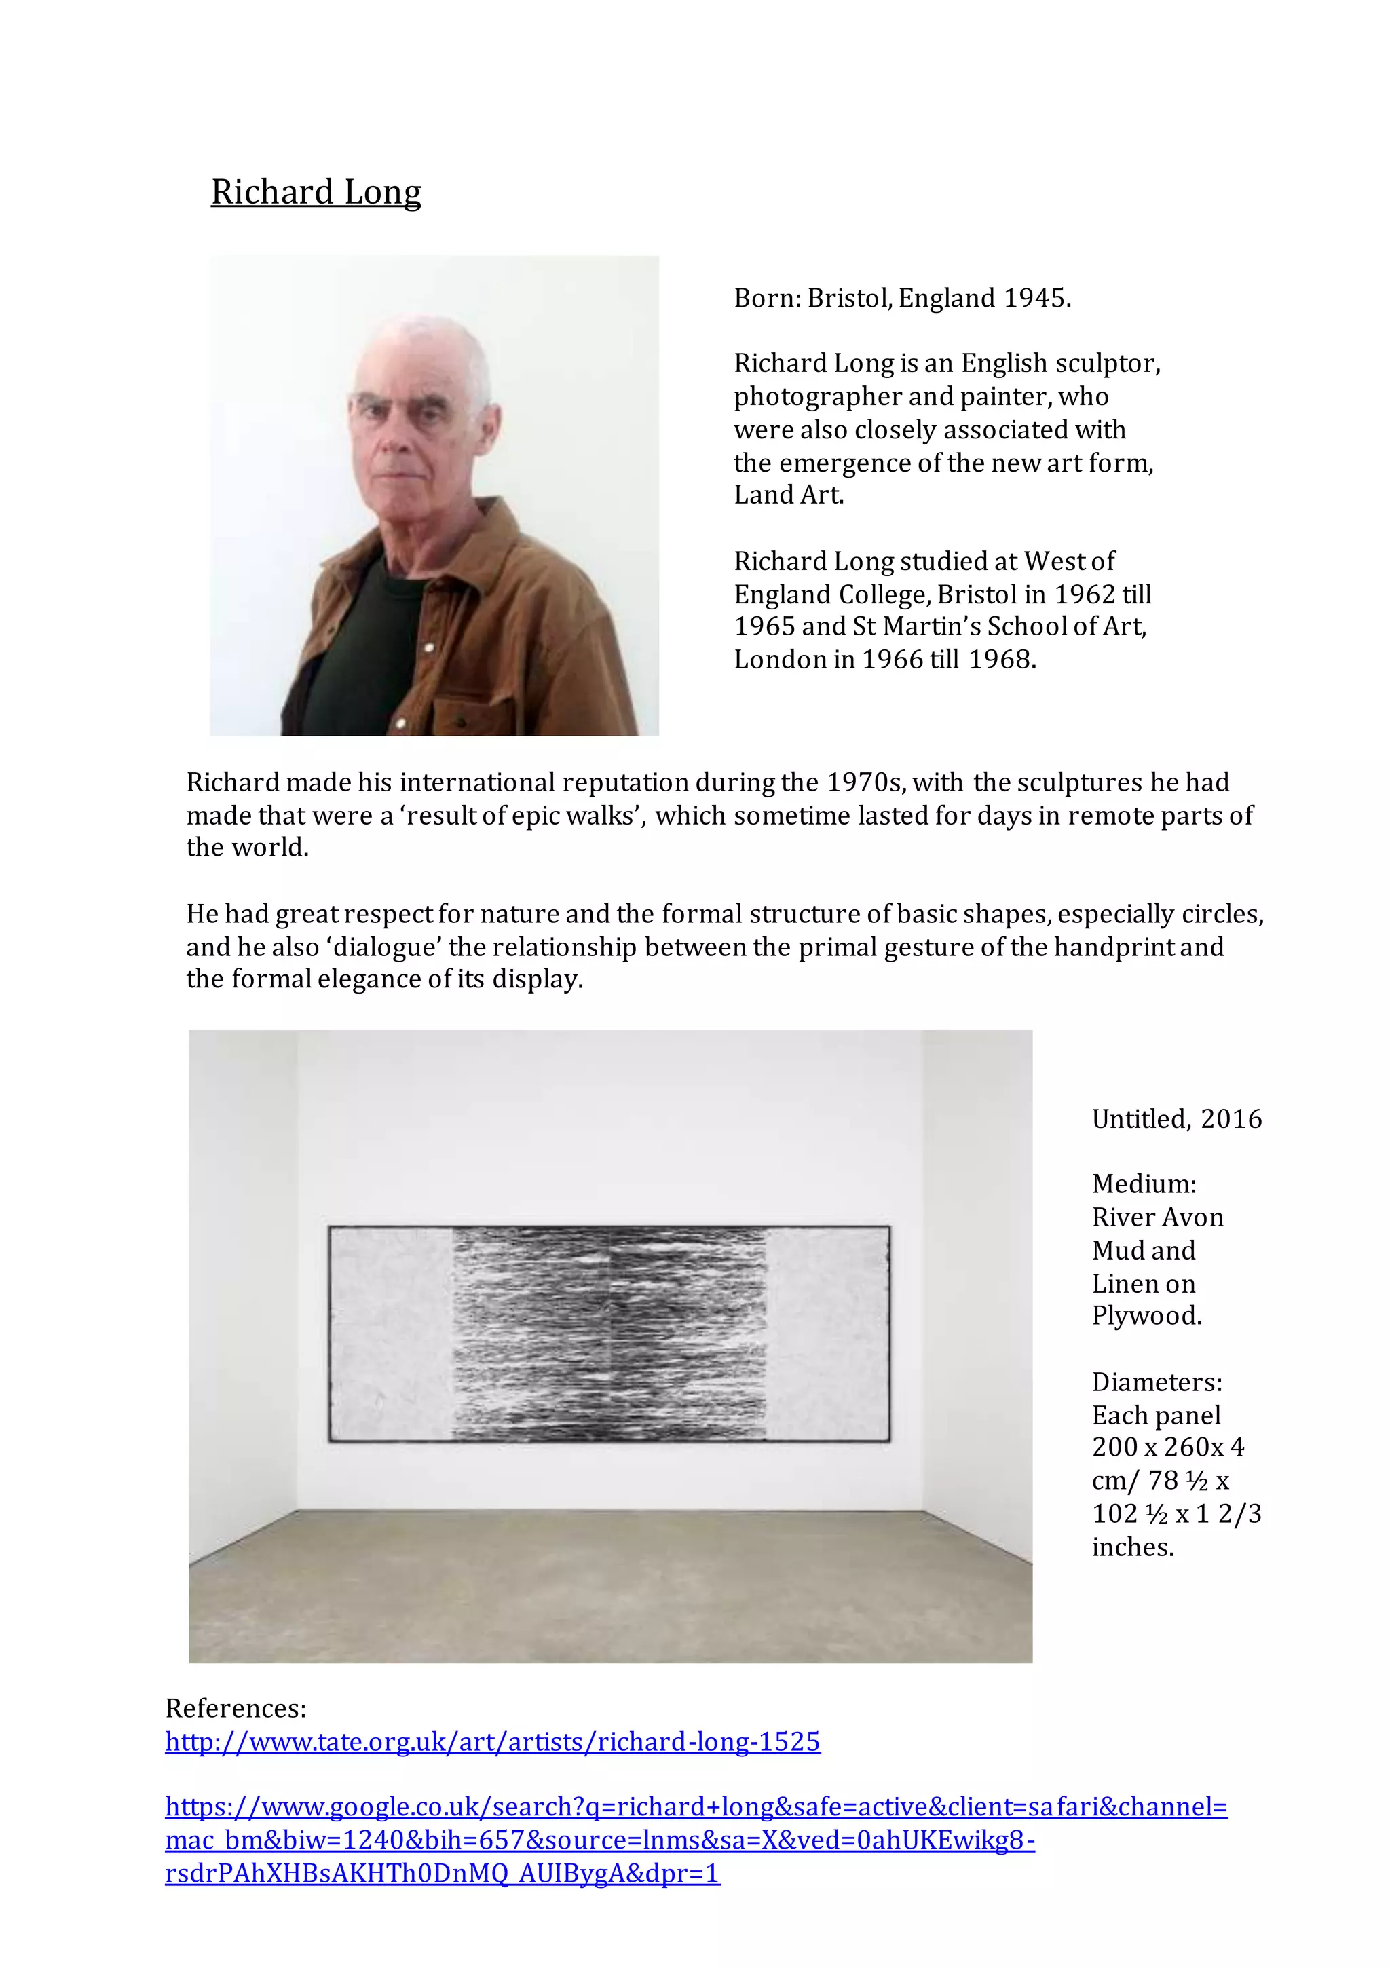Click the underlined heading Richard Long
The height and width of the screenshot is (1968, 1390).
pyautogui.click(x=316, y=192)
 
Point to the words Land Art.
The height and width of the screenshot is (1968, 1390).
pyautogui.click(x=788, y=495)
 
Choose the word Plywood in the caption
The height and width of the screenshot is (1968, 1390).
pyautogui.click(x=1146, y=1316)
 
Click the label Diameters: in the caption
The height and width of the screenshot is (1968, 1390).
pyautogui.click(x=1156, y=1382)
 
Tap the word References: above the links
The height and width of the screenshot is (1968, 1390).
pyautogui.click(x=236, y=1708)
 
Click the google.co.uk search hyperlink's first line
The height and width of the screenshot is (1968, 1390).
pyautogui.click(x=696, y=1807)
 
